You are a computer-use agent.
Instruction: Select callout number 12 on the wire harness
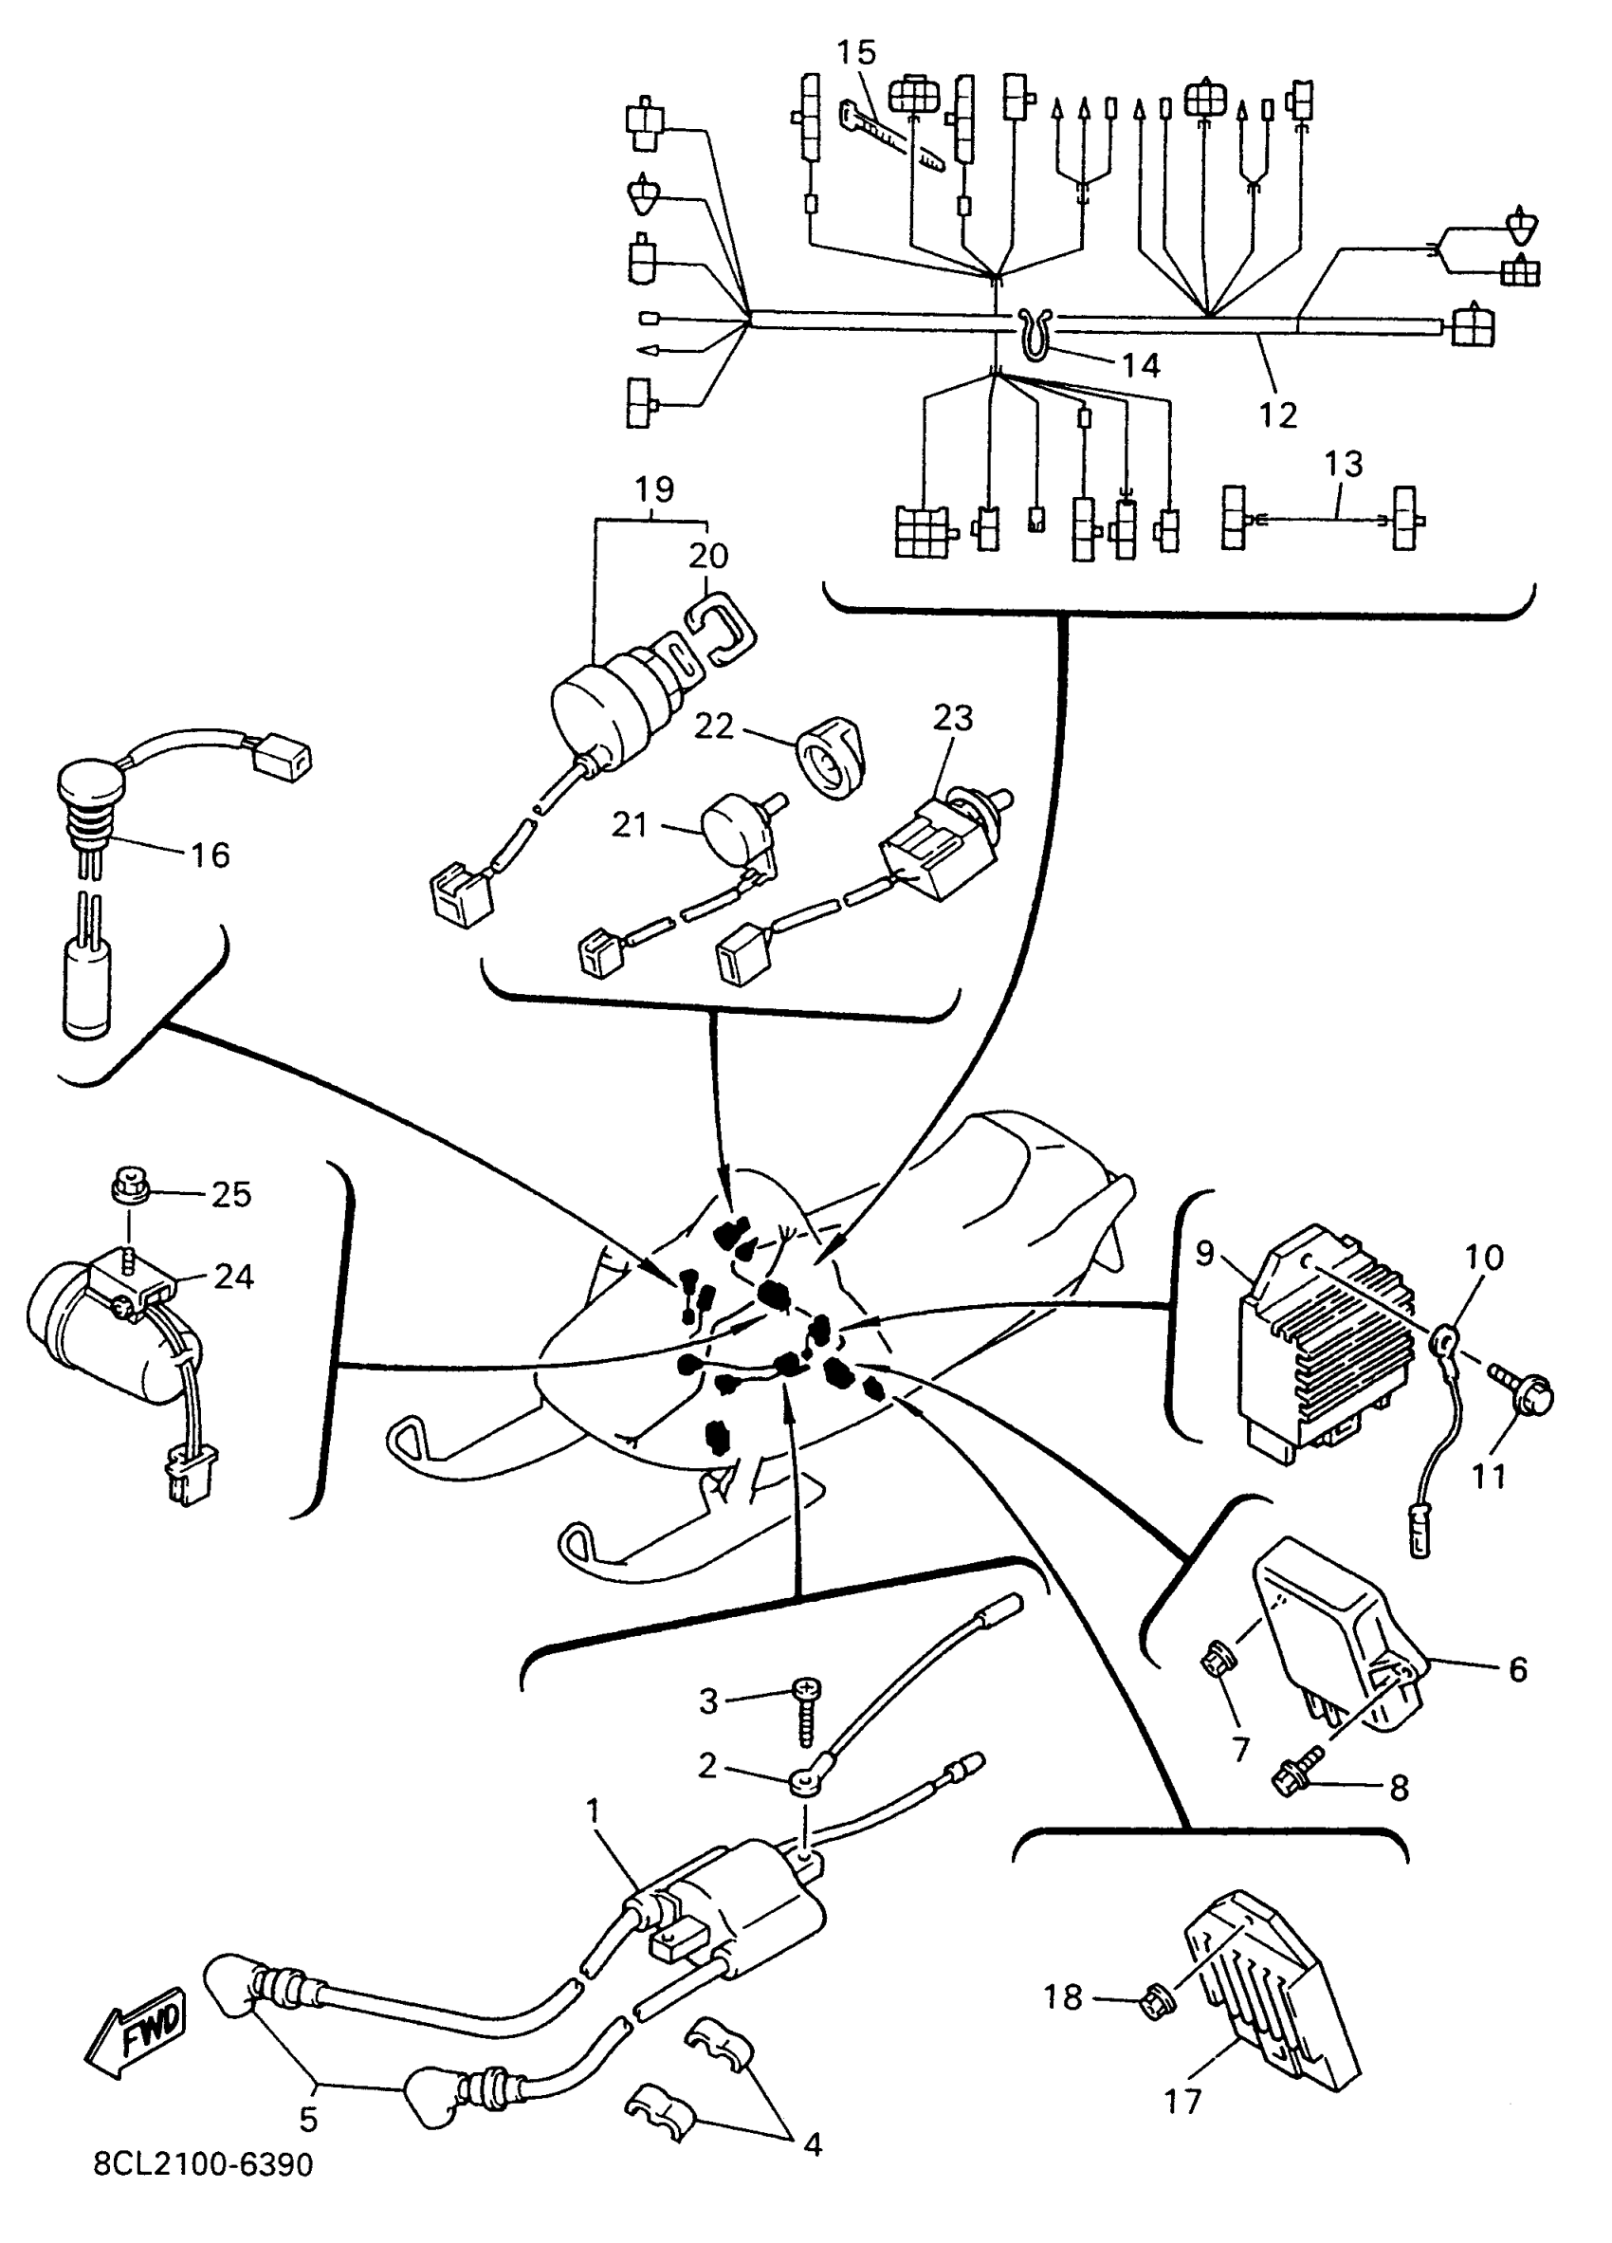(1276, 414)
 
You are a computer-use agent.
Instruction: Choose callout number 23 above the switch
(952, 717)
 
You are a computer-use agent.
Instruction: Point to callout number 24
(233, 1276)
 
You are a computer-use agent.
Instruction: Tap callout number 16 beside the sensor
(210, 855)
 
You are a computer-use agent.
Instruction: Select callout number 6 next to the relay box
(1517, 1668)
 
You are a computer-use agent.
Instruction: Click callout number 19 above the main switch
(653, 488)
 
